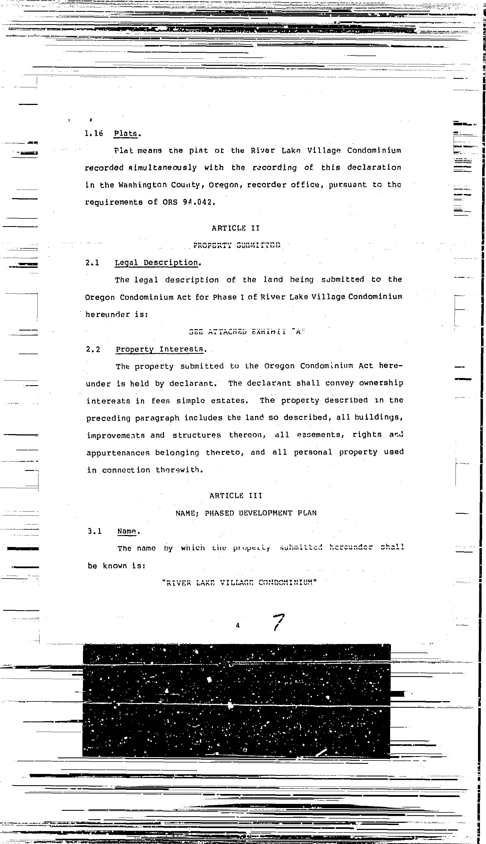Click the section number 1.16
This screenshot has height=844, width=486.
(x=93, y=134)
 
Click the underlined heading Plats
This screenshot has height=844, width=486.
(x=126, y=134)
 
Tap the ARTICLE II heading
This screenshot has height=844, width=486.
(x=236, y=228)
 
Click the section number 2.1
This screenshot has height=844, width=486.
(x=92, y=263)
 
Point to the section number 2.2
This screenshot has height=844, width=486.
(x=93, y=349)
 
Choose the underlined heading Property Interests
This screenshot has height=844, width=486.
(x=160, y=349)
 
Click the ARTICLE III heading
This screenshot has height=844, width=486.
(x=236, y=496)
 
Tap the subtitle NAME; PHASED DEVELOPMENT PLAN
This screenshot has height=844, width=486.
(x=246, y=513)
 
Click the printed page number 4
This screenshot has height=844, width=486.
(x=238, y=626)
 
